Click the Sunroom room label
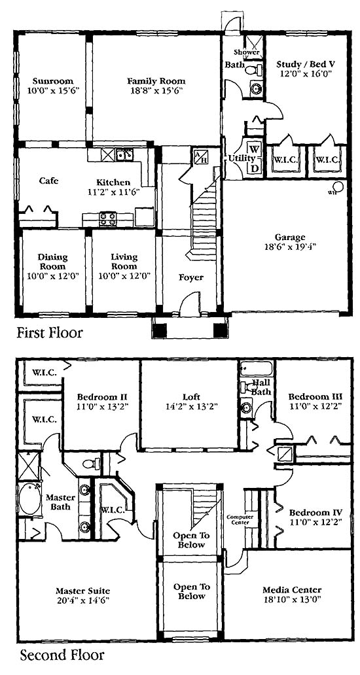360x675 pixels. point(53,81)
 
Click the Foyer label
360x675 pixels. point(191,277)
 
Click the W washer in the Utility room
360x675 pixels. point(255,150)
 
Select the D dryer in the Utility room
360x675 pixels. point(255,168)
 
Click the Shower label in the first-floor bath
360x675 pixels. point(247,52)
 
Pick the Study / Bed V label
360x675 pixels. point(306,64)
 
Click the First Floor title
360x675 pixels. point(49,332)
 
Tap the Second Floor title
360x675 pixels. point(62,655)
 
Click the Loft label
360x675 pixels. point(191,396)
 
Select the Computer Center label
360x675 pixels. point(240,519)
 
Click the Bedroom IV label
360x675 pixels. point(315,512)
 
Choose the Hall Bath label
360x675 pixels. point(261,387)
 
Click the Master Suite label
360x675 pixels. point(82,591)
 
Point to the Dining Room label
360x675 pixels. point(53,262)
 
